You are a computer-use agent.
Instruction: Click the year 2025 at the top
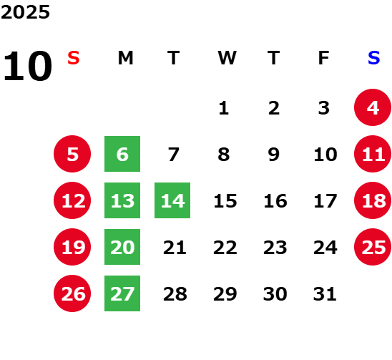point(25,12)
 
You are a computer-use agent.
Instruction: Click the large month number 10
point(28,66)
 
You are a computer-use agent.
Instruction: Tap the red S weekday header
point(74,58)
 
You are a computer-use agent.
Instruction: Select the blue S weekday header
point(373,58)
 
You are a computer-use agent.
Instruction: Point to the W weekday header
point(227,58)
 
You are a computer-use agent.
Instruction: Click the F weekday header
point(323,58)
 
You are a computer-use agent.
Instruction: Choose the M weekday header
point(125,58)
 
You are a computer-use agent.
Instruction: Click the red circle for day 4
point(373,107)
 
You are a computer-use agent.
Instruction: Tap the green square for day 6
point(122,154)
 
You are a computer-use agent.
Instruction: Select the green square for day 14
point(172,200)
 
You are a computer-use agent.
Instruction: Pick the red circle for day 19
point(72,247)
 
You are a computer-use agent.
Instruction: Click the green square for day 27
point(122,293)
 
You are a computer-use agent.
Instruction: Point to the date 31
point(325,293)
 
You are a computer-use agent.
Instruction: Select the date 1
point(224,108)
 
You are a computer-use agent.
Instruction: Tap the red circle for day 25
point(373,247)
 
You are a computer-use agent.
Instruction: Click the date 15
point(225,200)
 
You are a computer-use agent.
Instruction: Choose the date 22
point(225,247)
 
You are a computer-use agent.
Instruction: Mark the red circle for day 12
point(72,200)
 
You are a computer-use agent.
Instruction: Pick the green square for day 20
point(122,247)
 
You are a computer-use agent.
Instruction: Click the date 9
point(274,154)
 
